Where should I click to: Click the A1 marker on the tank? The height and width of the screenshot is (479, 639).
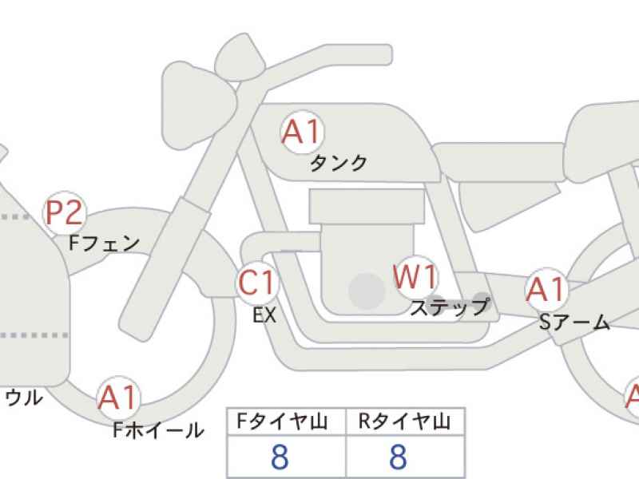[302, 132]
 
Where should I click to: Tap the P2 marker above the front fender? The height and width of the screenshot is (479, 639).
[65, 212]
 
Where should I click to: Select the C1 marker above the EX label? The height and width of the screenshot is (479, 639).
[257, 283]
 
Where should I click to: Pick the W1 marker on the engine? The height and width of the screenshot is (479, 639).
[415, 276]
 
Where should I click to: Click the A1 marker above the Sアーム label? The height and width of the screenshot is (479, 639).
[546, 289]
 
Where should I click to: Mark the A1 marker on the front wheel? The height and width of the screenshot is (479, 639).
[118, 397]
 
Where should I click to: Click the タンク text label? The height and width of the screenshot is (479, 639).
[338, 164]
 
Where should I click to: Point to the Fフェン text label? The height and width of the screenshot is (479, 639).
[105, 243]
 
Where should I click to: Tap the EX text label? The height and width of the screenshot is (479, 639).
[264, 315]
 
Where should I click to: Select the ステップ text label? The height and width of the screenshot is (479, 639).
[450, 307]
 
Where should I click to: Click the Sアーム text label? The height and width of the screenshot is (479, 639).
[574, 323]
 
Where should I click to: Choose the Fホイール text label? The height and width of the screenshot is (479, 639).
[158, 430]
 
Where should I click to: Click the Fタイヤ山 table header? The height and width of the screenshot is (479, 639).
[283, 422]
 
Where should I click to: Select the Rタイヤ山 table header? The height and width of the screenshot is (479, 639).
[404, 422]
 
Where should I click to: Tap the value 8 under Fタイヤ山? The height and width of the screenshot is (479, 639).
[280, 457]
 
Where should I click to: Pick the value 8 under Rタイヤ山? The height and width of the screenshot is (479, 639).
[398, 457]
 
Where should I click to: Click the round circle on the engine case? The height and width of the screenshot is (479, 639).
[367, 291]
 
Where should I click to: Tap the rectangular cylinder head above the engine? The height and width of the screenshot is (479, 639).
[367, 206]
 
